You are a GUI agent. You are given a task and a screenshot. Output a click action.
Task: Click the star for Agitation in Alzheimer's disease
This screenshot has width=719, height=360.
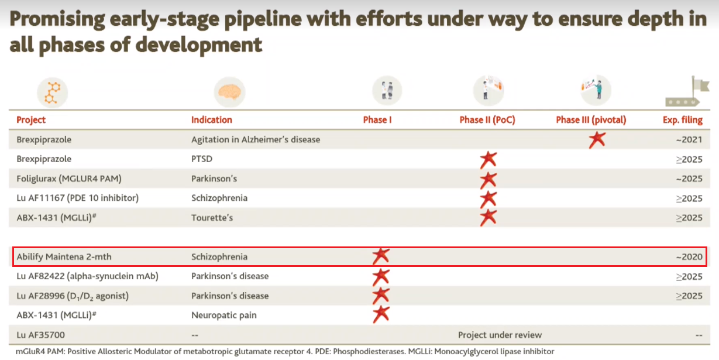597,139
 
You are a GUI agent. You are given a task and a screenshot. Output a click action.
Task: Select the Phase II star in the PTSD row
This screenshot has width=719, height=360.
488,159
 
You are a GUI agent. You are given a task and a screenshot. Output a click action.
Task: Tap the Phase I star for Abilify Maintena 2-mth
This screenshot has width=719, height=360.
381,256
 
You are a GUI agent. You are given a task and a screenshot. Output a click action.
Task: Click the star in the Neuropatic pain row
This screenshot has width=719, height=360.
381,314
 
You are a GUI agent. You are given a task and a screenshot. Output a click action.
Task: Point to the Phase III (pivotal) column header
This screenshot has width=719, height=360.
591,120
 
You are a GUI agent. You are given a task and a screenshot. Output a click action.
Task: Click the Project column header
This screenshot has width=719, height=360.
31,120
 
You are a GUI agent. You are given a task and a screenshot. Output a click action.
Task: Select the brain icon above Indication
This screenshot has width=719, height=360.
229,92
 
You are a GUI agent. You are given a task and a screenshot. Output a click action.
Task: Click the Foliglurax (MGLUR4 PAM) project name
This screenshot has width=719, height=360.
69,179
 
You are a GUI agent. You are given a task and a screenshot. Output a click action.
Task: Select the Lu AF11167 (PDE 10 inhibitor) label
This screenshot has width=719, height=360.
77,198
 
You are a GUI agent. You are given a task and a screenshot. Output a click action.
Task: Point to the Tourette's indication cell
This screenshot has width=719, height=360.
212,218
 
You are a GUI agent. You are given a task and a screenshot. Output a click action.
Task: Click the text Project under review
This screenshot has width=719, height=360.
500,335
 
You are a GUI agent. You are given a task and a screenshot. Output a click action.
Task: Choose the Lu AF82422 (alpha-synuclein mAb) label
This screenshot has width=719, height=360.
87,276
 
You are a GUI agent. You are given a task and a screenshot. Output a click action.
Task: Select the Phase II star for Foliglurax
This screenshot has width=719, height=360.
488,179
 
